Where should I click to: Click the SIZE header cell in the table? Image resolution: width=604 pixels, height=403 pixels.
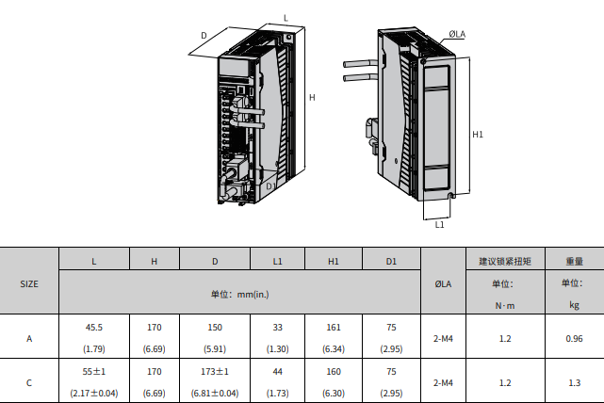pyautogui.click(x=29, y=282)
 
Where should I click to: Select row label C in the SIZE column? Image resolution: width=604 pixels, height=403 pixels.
pyautogui.click(x=29, y=383)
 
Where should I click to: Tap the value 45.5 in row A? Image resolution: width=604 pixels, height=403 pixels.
pyautogui.click(x=93, y=328)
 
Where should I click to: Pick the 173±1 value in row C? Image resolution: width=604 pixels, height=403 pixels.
pyautogui.click(x=215, y=372)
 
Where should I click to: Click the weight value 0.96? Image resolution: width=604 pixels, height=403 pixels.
pyautogui.click(x=574, y=338)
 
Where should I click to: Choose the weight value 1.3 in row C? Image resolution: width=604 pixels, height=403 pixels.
pyautogui.click(x=574, y=383)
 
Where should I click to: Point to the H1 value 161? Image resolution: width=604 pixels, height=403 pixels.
pyautogui.click(x=334, y=328)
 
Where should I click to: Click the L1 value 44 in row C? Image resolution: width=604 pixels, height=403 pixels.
pyautogui.click(x=277, y=372)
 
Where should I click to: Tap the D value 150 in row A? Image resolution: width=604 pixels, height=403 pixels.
pyautogui.click(x=215, y=328)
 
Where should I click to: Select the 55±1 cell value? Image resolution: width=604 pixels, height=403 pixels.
pyautogui.click(x=93, y=372)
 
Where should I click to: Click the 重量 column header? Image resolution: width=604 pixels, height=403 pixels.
pyautogui.click(x=574, y=261)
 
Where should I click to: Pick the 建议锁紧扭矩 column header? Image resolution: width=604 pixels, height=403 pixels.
pyautogui.click(x=505, y=261)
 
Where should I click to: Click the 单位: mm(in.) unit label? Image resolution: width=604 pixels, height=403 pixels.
pyautogui.click(x=239, y=294)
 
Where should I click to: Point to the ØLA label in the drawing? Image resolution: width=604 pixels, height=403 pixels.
pyautogui.click(x=456, y=35)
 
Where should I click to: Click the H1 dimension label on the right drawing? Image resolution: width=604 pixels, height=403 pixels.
pyautogui.click(x=478, y=135)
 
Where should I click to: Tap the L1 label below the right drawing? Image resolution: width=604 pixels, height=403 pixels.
pyautogui.click(x=440, y=225)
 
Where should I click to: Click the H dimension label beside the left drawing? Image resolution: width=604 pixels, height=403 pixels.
pyautogui.click(x=311, y=98)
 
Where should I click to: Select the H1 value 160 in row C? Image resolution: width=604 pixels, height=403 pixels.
pyautogui.click(x=334, y=372)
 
